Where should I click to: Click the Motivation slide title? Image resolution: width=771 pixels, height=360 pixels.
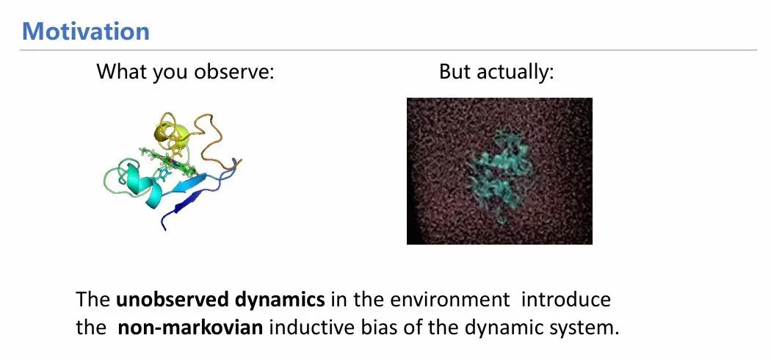pyautogui.click(x=86, y=31)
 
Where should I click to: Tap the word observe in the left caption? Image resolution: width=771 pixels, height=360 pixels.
pyautogui.click(x=234, y=72)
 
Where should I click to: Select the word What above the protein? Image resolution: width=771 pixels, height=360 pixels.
pyautogui.click(x=121, y=72)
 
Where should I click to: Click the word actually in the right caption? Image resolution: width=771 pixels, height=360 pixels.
pyautogui.click(x=515, y=72)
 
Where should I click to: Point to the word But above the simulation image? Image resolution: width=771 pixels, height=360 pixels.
pyautogui.click(x=455, y=72)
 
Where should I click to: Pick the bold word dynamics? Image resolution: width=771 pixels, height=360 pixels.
pyautogui.click(x=275, y=300)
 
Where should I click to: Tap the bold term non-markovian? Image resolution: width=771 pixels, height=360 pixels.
pyautogui.click(x=190, y=328)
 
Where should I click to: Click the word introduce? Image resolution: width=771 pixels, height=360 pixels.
pyautogui.click(x=566, y=300)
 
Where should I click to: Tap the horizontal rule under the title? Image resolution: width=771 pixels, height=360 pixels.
pyautogui.click(x=388, y=50)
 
